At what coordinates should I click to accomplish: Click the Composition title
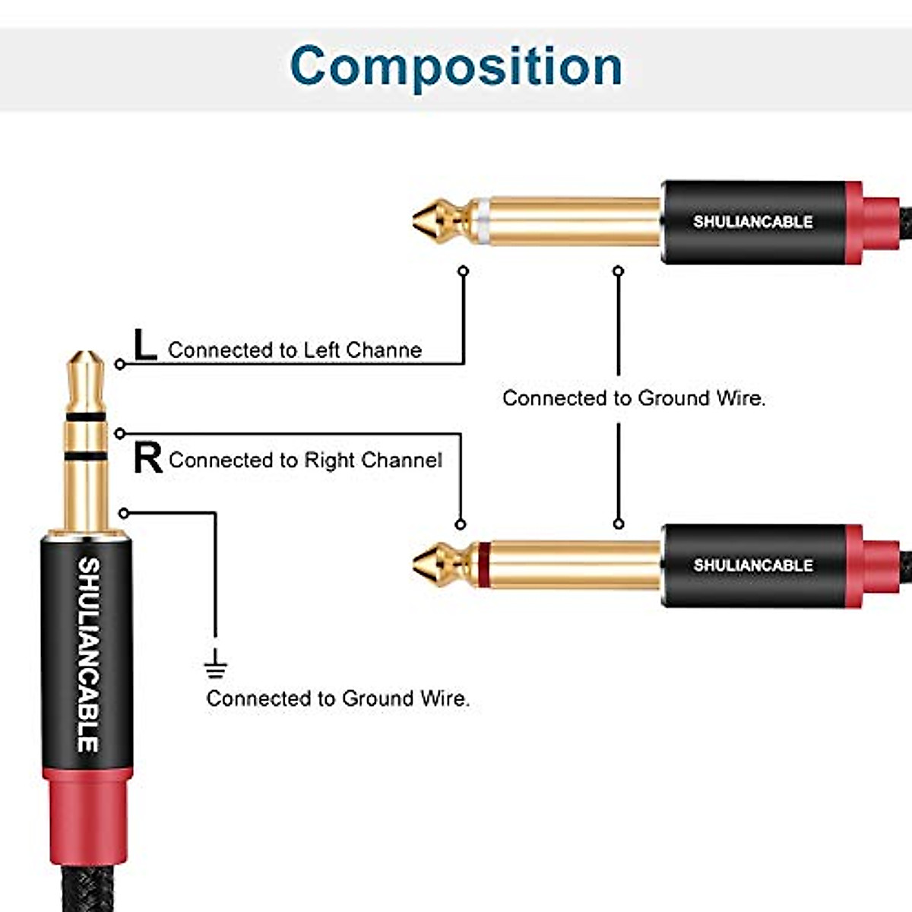(456, 67)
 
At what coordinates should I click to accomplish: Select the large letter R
(147, 458)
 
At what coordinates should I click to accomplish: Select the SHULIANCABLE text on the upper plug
(752, 222)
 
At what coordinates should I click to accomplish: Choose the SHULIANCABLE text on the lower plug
(752, 565)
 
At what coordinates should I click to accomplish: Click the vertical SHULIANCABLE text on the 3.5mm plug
(88, 654)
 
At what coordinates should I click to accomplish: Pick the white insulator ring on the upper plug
(483, 221)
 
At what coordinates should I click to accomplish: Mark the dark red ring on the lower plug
(483, 565)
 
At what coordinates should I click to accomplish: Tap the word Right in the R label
(330, 461)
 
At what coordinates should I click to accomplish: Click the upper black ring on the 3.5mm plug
(85, 417)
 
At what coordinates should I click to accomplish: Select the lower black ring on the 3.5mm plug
(85, 456)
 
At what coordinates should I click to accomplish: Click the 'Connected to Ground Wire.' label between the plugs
(633, 398)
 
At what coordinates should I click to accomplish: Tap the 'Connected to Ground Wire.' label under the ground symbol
(337, 698)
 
